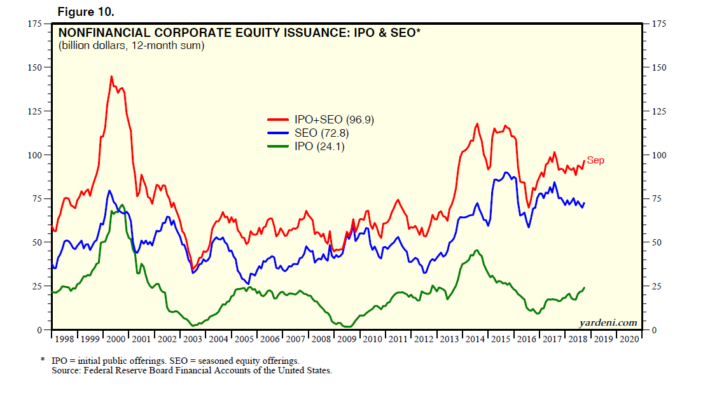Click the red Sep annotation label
tap(595, 160)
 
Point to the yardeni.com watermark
tap(609, 322)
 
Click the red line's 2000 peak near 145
tap(111, 76)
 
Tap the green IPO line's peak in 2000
tap(122, 205)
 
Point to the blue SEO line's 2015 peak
tap(505, 172)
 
